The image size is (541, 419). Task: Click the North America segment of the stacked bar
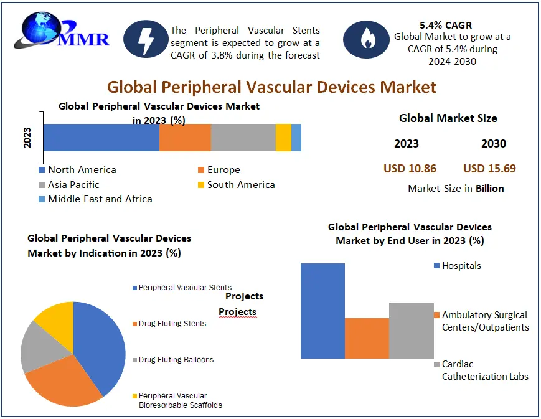[101, 138]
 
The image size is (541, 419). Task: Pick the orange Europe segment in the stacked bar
[185, 138]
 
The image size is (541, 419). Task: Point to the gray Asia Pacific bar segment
[243, 138]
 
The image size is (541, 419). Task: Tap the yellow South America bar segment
[283, 138]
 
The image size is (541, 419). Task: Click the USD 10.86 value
[409, 168]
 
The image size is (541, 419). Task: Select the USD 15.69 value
[489, 168]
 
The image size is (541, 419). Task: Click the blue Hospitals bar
[322, 311]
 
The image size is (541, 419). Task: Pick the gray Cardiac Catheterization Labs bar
[411, 331]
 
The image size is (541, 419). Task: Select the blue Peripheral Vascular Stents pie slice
[100, 342]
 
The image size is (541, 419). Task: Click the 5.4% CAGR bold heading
[445, 26]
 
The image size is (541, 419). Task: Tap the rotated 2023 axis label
[27, 138]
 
